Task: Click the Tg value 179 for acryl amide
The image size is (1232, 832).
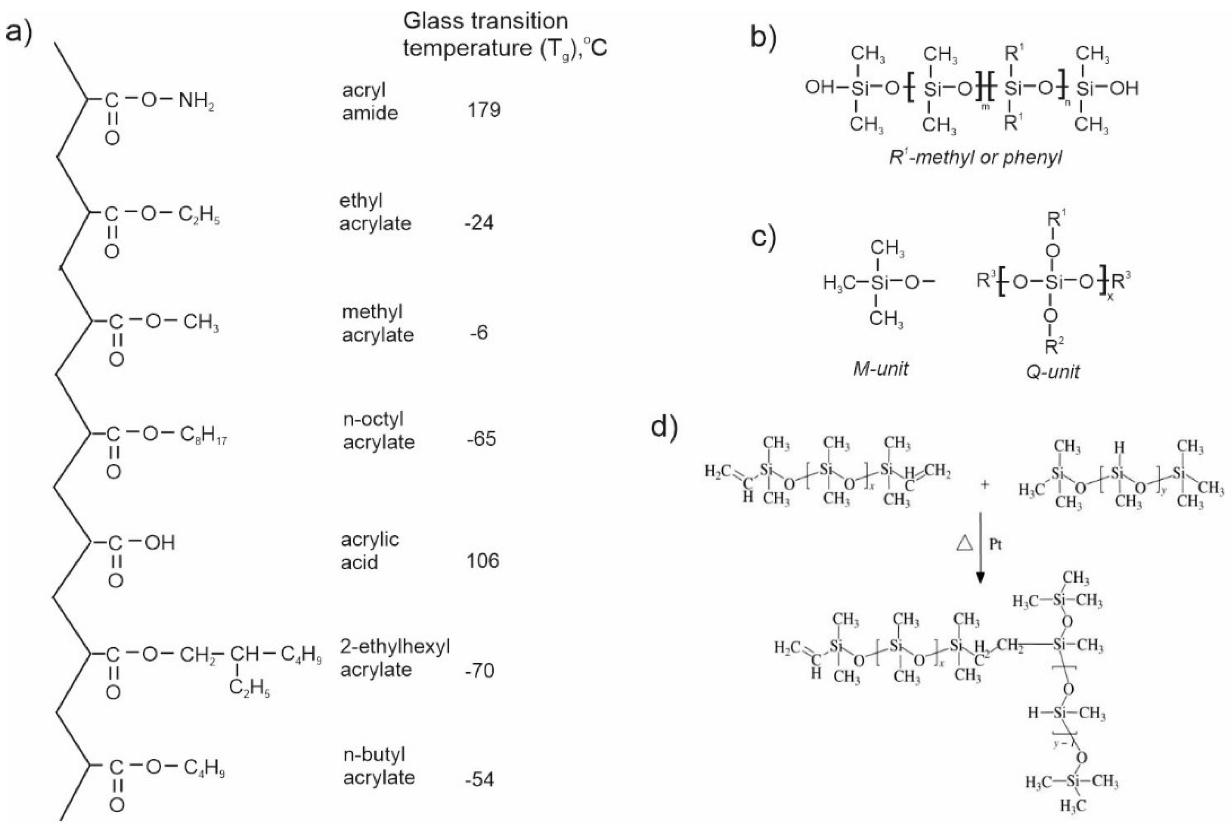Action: point(483,110)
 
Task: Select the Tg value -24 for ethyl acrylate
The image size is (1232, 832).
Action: point(479,222)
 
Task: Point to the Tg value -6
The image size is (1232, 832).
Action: point(479,333)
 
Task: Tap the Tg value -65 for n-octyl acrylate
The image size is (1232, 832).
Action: point(481,439)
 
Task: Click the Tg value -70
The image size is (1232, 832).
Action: point(479,671)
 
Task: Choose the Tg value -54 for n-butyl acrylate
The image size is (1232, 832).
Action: point(479,779)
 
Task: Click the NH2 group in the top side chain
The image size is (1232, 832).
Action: point(196,100)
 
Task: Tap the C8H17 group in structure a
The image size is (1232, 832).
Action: point(203,435)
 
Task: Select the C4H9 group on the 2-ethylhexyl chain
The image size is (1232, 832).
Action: point(301,655)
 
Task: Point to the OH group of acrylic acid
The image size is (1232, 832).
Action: point(160,543)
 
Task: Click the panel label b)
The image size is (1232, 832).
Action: point(763,38)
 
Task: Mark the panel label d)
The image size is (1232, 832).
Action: point(664,428)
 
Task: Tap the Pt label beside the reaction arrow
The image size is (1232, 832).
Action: point(995,544)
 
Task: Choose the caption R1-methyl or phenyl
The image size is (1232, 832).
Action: point(976,158)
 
